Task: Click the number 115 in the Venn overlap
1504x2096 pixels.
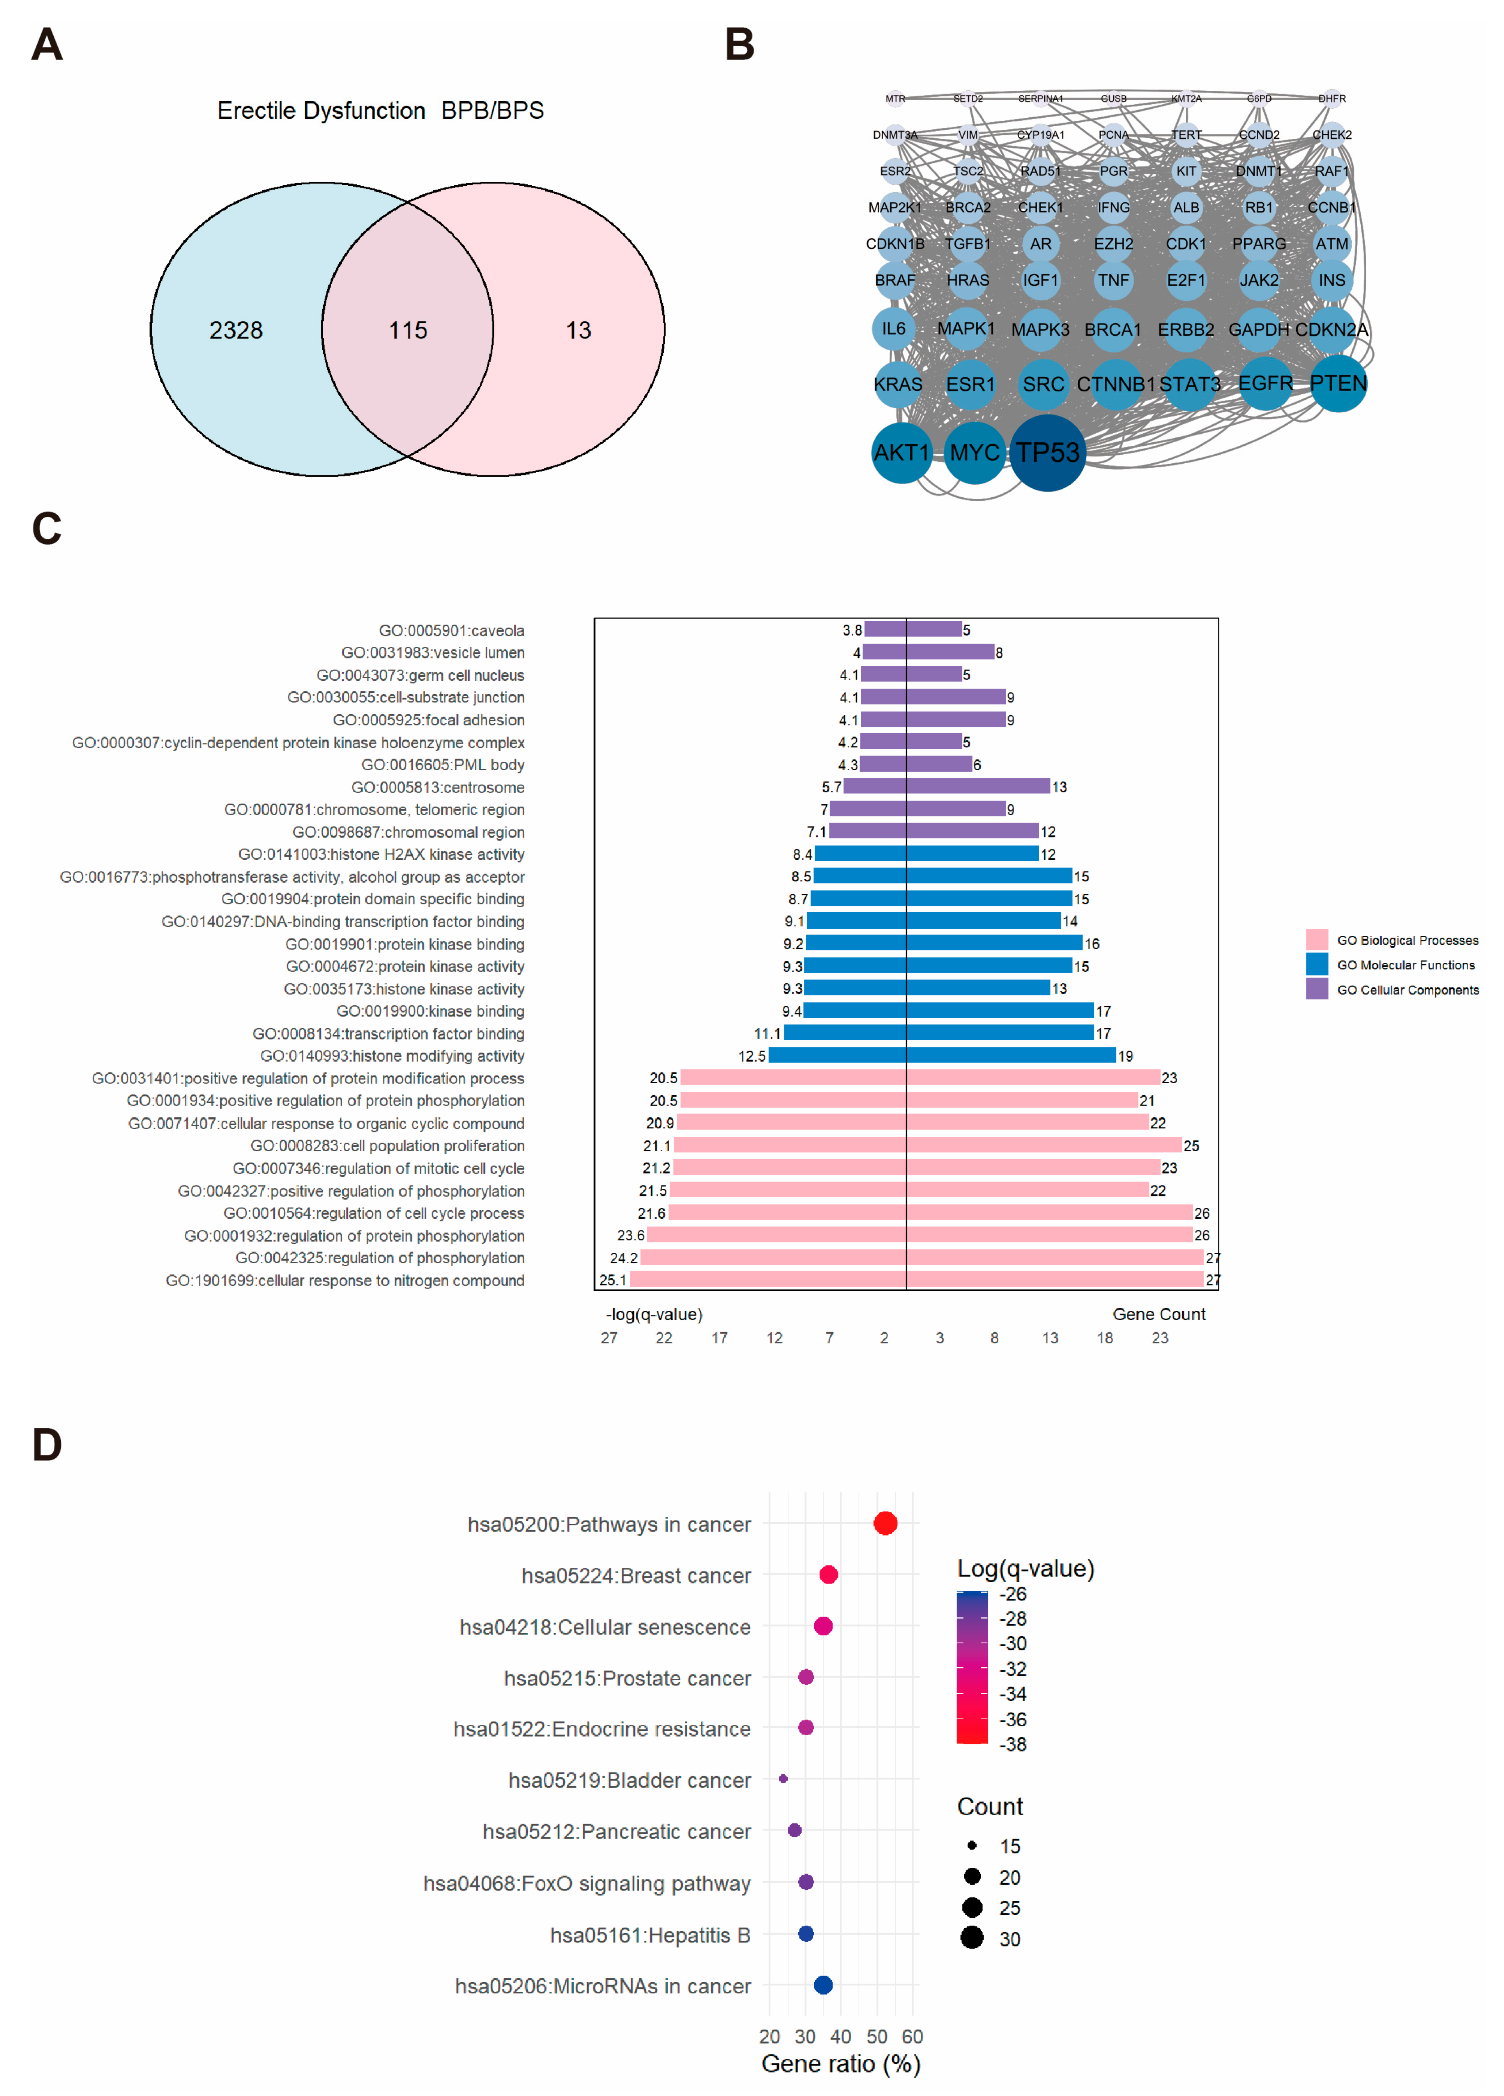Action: pyautogui.click(x=408, y=330)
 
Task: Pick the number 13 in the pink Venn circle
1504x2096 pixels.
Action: pyautogui.click(x=579, y=330)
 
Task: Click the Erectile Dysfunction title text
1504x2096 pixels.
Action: pyautogui.click(x=321, y=111)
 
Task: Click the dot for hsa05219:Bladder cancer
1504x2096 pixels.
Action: pyautogui.click(x=783, y=1778)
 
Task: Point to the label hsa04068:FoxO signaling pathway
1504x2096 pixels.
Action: pyautogui.click(x=587, y=1883)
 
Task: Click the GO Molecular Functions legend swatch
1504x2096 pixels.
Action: pyautogui.click(x=1316, y=964)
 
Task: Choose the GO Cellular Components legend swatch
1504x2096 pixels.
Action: pyautogui.click(x=1316, y=989)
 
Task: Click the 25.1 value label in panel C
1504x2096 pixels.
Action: pyautogui.click(x=612, y=1280)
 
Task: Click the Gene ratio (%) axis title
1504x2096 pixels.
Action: pyautogui.click(x=840, y=2064)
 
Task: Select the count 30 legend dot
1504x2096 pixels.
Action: pyautogui.click(x=971, y=1938)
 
